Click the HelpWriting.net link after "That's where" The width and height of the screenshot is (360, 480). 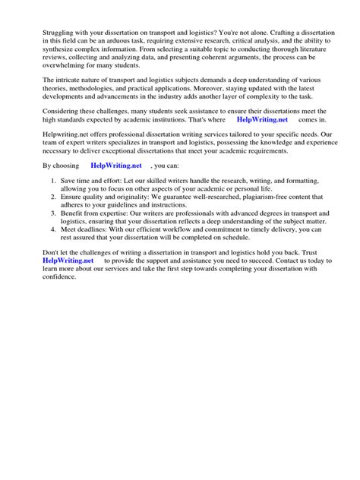pyautogui.click(x=262, y=120)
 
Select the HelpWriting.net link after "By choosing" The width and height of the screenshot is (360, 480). pyautogui.click(x=115, y=164)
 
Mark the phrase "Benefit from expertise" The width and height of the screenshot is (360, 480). pyautogui.click(x=95, y=213)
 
